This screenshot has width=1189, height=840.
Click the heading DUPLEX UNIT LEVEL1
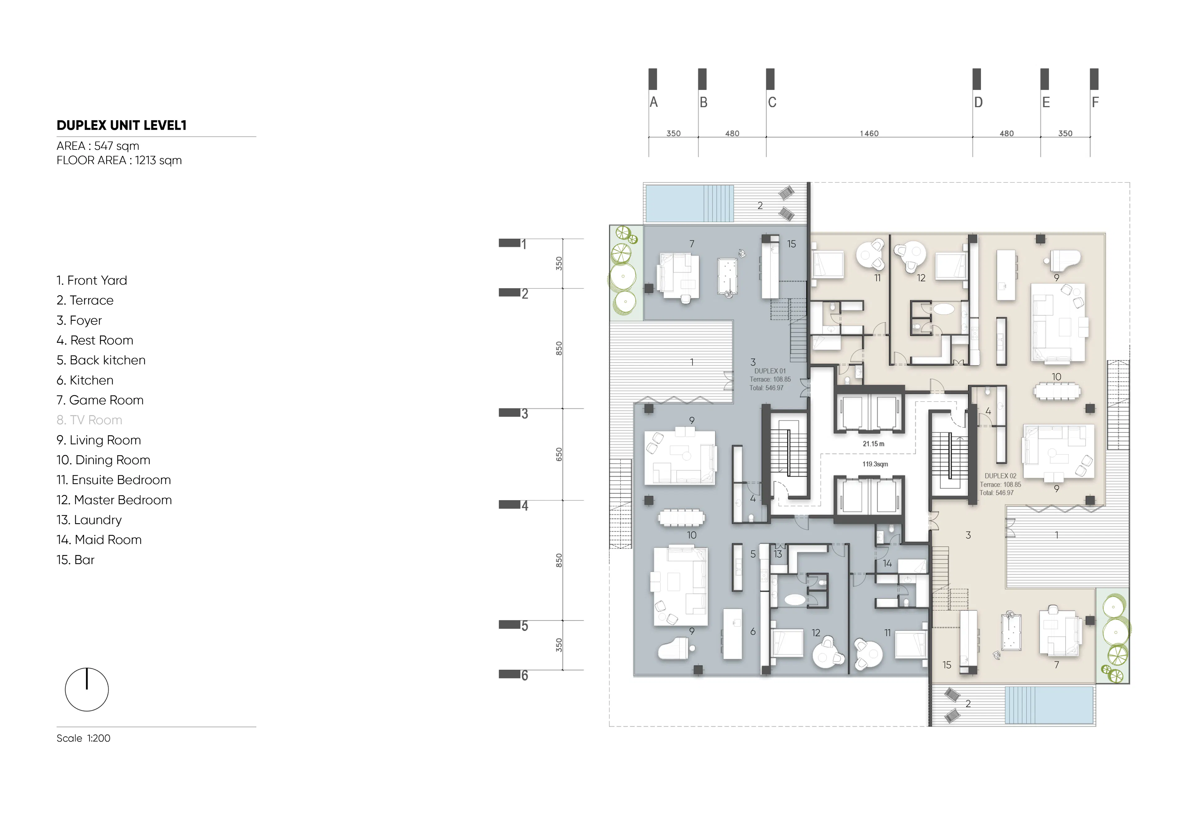[x=121, y=125]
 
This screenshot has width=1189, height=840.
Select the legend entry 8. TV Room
[x=89, y=420]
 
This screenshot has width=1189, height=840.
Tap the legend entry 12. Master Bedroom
[x=114, y=500]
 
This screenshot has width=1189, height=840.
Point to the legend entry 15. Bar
[x=76, y=560]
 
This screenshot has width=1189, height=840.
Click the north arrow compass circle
[x=86, y=689]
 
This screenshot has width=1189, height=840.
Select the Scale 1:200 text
[x=83, y=739]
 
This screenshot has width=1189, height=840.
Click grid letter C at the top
[x=772, y=102]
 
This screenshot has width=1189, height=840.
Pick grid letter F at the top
[x=1095, y=102]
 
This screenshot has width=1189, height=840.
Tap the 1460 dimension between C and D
[x=869, y=134]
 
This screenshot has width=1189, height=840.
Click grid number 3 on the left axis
[x=525, y=414]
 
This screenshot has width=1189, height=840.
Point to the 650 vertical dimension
[x=559, y=454]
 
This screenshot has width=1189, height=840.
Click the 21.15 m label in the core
[x=873, y=444]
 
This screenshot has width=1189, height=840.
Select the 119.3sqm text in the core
[x=875, y=464]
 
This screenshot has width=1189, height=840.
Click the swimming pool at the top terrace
[x=689, y=203]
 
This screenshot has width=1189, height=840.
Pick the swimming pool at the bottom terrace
[x=1049, y=705]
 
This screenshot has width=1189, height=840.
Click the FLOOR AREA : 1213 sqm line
[x=119, y=161]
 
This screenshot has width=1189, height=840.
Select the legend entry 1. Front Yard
[x=92, y=281]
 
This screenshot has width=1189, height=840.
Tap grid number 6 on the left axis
[x=525, y=675]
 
